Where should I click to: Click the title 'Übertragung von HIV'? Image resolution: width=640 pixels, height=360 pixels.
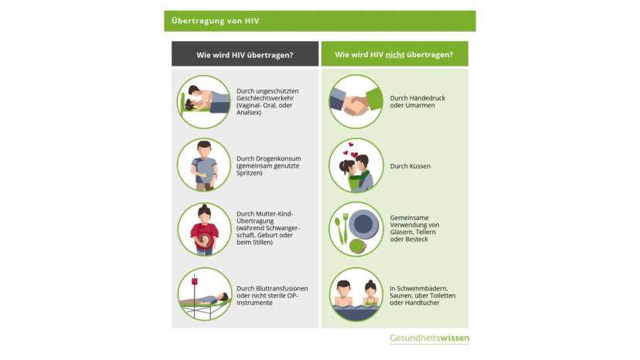point(215,21)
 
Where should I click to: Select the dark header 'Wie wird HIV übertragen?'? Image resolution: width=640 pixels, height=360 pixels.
point(245,54)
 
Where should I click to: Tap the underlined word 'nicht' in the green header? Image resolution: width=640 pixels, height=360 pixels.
point(395,55)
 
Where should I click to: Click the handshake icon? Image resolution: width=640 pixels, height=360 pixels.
point(356,102)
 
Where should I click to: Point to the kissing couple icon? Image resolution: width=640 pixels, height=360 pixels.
point(356,165)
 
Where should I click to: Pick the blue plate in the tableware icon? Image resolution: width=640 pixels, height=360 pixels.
point(363,224)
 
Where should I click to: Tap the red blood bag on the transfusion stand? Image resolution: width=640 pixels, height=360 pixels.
point(194,280)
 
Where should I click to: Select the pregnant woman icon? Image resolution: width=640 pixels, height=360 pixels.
point(204,229)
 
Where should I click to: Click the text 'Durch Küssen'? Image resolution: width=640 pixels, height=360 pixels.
point(410,166)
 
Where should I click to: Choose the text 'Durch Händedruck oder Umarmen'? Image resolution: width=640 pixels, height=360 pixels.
point(417,102)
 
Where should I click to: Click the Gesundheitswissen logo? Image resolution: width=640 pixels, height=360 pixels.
point(430,338)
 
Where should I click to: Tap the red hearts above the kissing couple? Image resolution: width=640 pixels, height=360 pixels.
point(350,150)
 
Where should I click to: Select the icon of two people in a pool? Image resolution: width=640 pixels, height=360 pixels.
point(356,294)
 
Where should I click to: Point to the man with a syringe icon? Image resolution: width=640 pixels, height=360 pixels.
point(204,165)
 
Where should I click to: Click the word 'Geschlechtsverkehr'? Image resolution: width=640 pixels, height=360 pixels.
point(265,98)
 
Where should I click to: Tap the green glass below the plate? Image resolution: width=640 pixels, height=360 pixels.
point(358,246)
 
